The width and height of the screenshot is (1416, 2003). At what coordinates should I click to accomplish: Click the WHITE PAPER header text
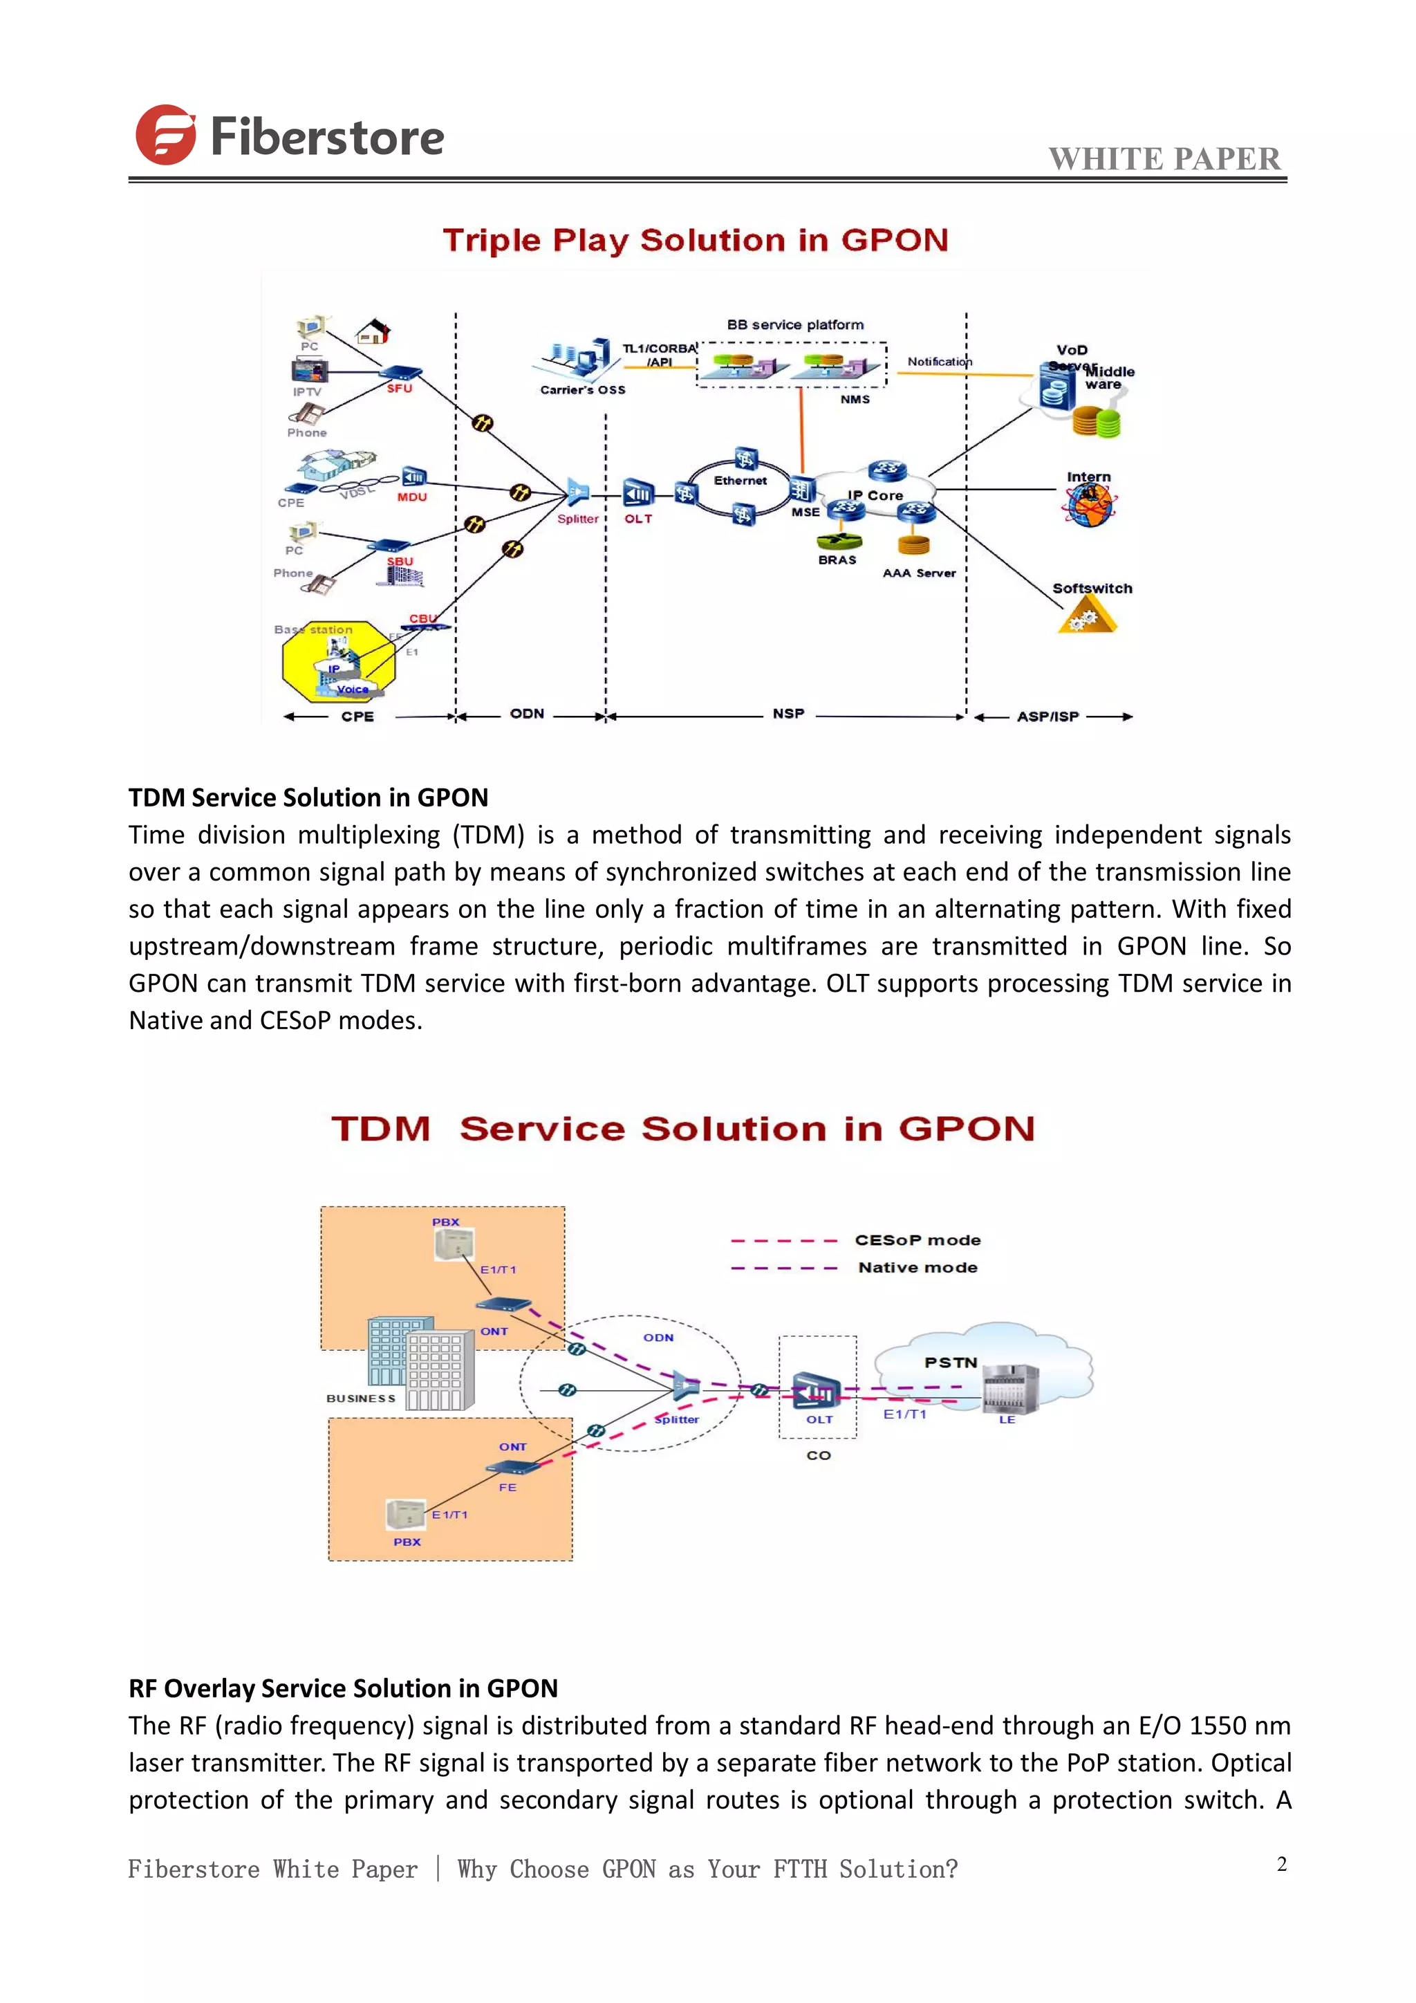(x=1164, y=159)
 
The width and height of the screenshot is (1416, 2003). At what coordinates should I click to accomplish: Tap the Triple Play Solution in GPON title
(x=695, y=240)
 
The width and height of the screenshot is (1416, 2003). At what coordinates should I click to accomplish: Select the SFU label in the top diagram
(x=400, y=388)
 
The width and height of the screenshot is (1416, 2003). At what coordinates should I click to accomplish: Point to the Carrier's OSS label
(x=582, y=390)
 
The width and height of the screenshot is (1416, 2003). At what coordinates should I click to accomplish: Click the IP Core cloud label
(x=875, y=495)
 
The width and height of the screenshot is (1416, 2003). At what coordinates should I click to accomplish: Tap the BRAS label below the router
(x=837, y=560)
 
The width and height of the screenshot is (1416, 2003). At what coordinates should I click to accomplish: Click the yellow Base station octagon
(x=338, y=662)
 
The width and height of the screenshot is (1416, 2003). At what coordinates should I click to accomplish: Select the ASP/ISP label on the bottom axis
(x=1047, y=717)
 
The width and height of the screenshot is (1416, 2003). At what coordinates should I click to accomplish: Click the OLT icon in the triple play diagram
(x=638, y=494)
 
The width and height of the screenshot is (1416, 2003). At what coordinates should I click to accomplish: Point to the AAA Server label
(x=919, y=573)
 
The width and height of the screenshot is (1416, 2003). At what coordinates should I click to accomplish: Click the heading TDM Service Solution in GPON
(x=308, y=797)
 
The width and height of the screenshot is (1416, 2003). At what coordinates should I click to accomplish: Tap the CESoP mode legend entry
(x=917, y=1239)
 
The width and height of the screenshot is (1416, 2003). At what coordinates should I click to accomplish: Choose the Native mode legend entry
(x=917, y=1268)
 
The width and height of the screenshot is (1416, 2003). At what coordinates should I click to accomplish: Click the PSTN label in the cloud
(x=951, y=1362)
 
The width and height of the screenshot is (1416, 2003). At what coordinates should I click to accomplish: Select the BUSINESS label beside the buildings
(x=361, y=1399)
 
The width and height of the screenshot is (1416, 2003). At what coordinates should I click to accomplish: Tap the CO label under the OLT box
(x=818, y=1455)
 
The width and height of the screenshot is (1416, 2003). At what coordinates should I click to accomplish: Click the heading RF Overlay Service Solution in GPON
(x=343, y=1688)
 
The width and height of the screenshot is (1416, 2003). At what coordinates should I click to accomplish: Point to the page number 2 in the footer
(x=1282, y=1864)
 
